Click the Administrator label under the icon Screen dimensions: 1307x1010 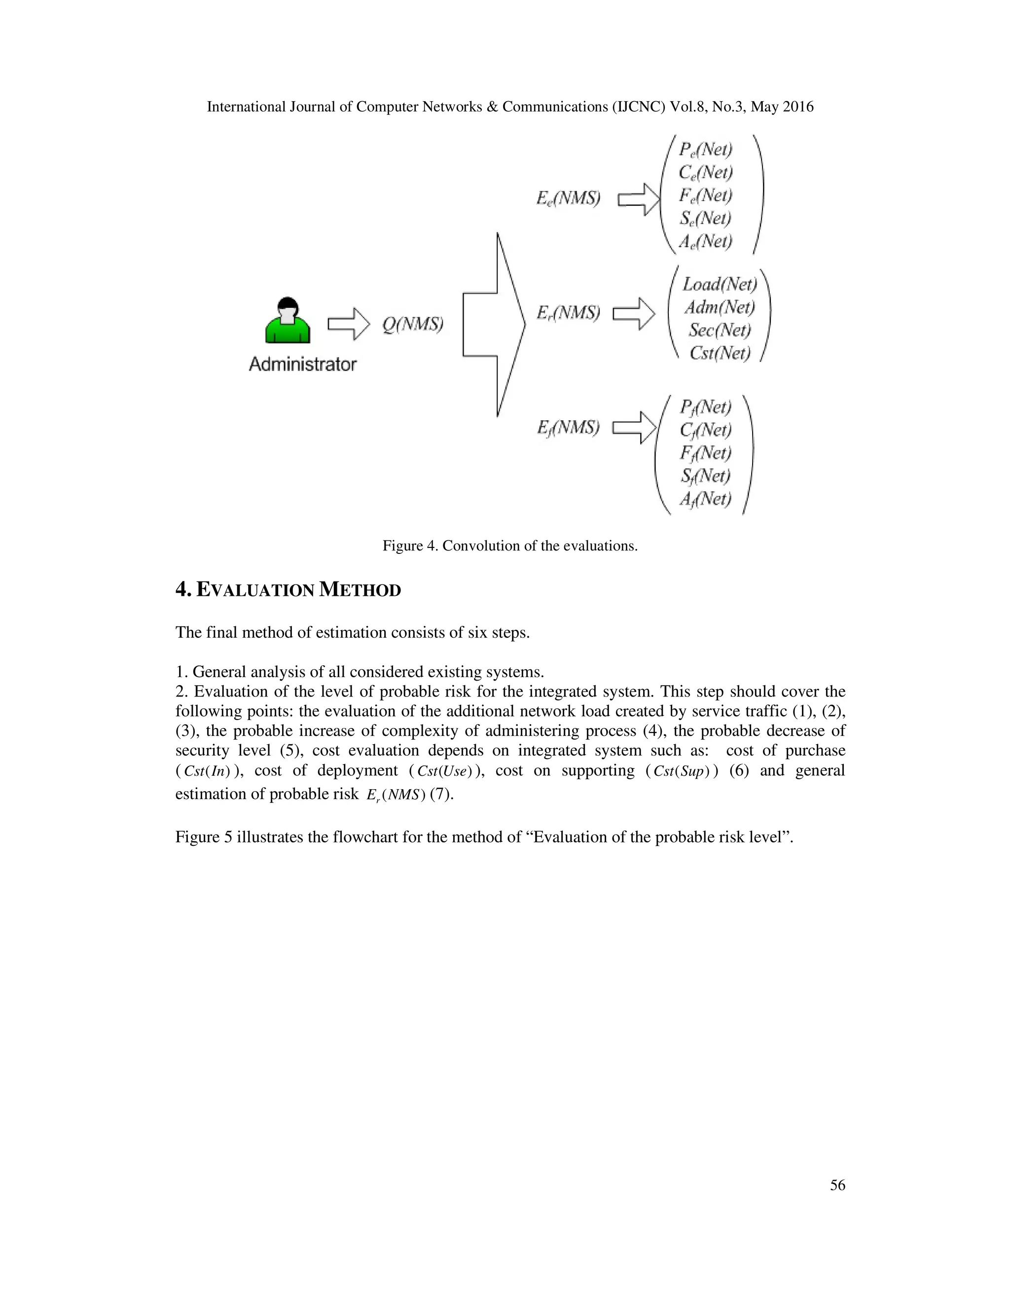pos(302,364)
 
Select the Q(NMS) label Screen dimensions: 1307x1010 pos(413,325)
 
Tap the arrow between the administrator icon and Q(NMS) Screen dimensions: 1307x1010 pos(349,325)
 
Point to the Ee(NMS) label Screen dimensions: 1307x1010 pos(568,198)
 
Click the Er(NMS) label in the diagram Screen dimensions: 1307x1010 pos(568,312)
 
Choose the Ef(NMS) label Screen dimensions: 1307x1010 pos(568,427)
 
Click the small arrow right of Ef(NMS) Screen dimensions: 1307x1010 pos(634,427)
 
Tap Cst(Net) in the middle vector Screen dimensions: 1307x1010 pos(720,353)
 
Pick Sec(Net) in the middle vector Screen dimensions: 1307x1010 pos(720,330)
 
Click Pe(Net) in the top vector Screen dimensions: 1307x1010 pos(706,149)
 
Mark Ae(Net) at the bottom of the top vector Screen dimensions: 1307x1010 pos(706,241)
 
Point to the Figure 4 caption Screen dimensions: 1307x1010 pos(510,546)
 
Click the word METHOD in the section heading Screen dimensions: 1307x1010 pos(360,590)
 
